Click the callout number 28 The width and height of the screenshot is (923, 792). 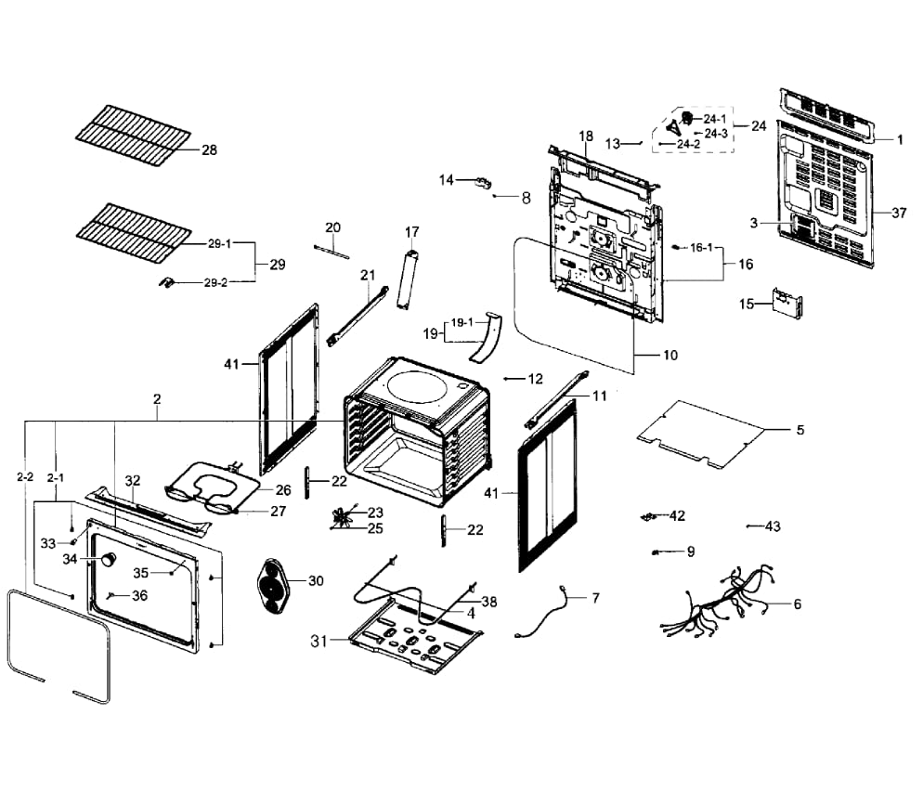click(209, 149)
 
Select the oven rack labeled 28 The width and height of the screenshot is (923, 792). click(134, 134)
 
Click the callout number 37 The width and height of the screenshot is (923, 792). click(899, 213)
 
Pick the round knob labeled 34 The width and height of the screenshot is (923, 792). click(110, 559)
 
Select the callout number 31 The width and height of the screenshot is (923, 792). click(319, 640)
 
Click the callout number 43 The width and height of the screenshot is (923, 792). click(773, 526)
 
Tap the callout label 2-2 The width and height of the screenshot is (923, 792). click(25, 476)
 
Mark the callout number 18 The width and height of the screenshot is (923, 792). click(586, 136)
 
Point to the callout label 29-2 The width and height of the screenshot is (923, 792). click(214, 282)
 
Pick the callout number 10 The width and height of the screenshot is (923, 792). click(669, 355)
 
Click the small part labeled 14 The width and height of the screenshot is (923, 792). click(482, 182)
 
